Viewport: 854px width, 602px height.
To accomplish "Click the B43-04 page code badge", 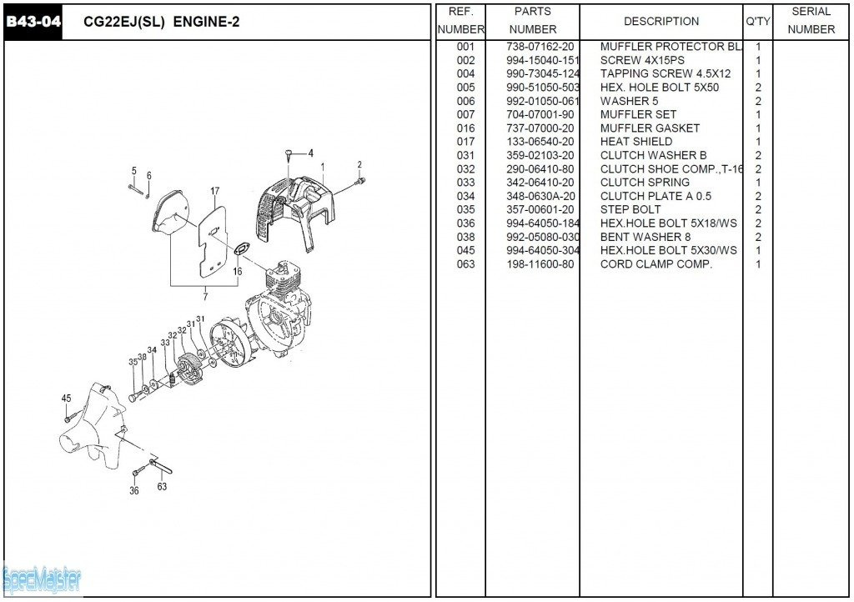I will (33, 22).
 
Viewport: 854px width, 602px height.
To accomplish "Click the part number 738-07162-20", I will (540, 47).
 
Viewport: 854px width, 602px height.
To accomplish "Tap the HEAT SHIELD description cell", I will (635, 142).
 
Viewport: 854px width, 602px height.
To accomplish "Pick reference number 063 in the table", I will (465, 264).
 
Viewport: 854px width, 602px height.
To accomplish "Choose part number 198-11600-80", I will (540, 264).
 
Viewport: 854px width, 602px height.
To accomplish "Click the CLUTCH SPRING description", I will (645, 183).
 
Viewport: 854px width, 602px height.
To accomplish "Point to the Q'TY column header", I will (757, 21).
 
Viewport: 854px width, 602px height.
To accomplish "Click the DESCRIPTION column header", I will (661, 21).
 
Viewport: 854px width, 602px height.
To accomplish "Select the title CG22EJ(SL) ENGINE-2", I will (162, 22).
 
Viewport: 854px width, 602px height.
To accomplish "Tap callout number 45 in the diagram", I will (67, 399).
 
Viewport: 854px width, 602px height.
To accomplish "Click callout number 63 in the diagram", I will (162, 487).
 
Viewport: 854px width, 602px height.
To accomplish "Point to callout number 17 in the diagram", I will (214, 192).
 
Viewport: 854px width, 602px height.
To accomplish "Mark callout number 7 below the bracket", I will (205, 296).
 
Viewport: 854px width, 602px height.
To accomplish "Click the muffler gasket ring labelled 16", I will (242, 249).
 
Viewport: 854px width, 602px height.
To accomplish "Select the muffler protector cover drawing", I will (296, 208).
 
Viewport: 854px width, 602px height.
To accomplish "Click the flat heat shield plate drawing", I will (212, 242).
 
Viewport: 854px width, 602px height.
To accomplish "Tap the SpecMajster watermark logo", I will (42, 579).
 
